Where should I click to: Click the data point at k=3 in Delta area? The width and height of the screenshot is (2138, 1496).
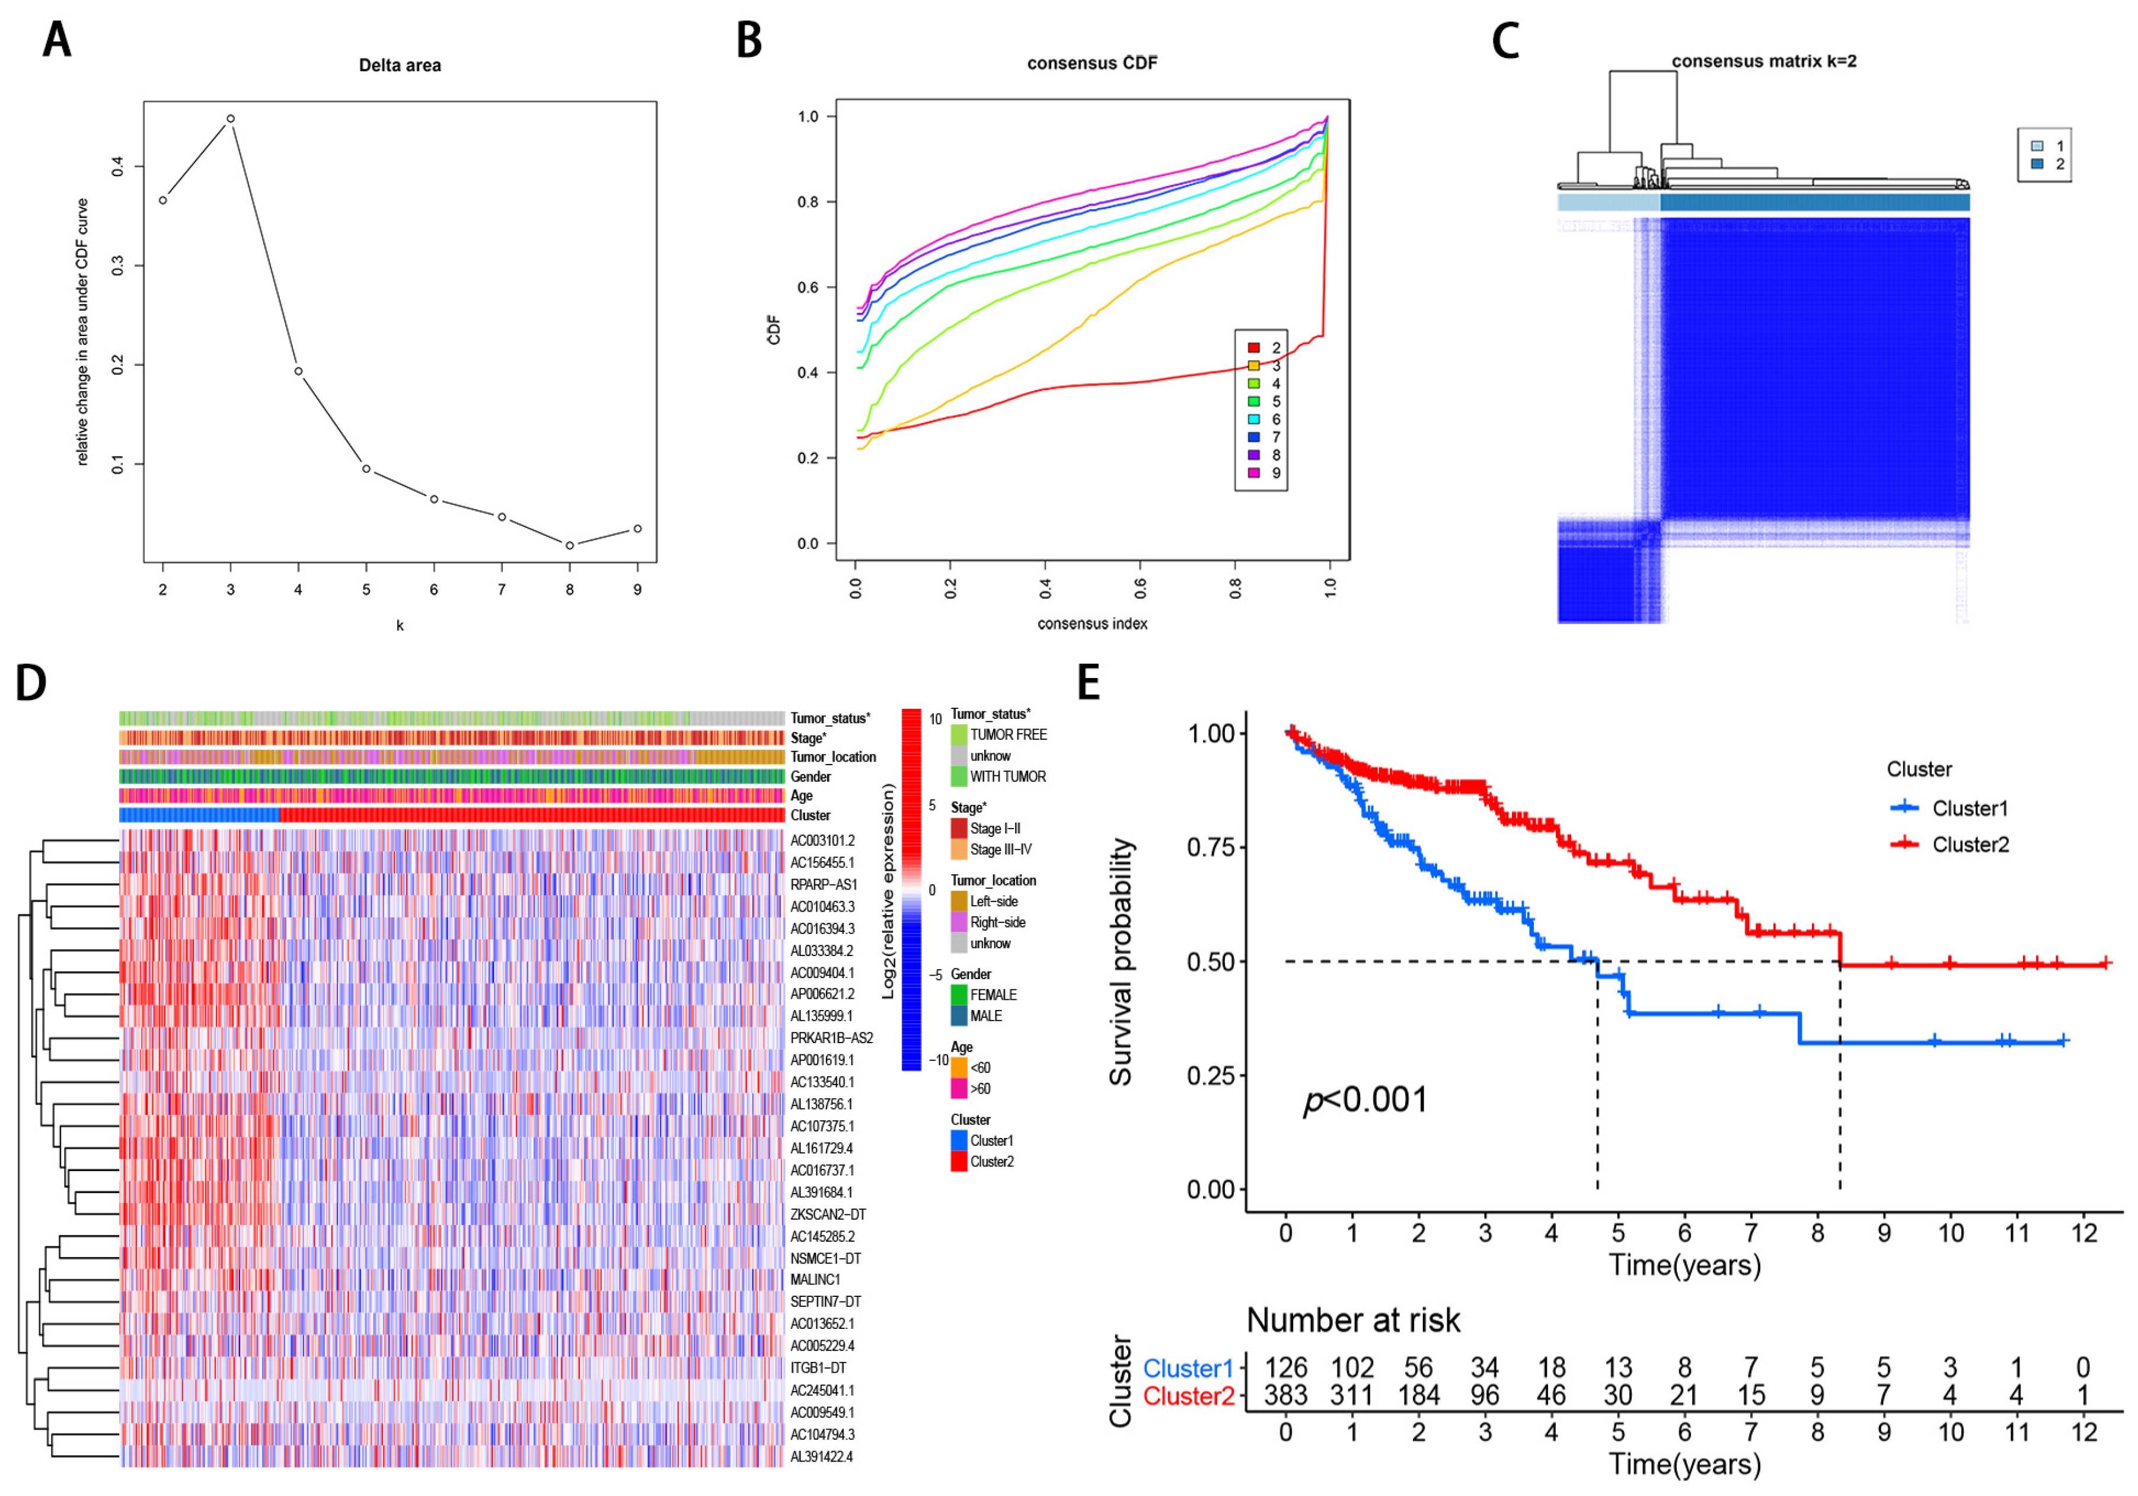230,118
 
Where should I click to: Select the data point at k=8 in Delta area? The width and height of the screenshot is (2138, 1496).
570,545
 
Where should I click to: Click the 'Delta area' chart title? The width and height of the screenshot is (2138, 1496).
400,65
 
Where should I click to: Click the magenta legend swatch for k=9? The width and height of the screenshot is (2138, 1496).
1253,473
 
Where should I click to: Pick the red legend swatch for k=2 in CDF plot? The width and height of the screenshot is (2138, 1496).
1253,347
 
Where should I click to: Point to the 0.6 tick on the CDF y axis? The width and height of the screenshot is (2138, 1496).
808,287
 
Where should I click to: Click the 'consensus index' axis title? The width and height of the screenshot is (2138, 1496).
1092,624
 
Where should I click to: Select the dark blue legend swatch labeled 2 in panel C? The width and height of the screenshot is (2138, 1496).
2037,164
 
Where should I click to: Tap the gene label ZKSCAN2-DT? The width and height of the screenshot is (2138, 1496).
828,1214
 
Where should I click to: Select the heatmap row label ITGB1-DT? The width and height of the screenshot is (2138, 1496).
818,1367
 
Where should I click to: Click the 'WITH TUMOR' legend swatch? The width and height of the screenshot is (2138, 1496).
958,776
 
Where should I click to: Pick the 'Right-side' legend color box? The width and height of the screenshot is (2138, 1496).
958,922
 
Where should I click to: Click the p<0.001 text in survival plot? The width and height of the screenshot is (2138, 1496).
1364,1099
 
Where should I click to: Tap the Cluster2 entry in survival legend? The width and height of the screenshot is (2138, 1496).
1970,845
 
